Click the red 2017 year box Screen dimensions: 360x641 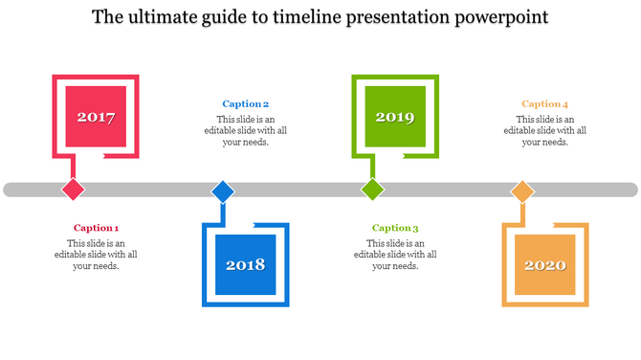point(96,117)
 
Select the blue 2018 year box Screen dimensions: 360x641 point(246,264)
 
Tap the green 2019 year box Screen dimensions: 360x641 point(394,117)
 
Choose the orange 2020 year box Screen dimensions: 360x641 point(544,264)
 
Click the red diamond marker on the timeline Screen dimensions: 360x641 point(73,189)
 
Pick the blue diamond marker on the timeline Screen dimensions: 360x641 point(223,191)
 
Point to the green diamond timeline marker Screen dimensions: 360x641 point(372,189)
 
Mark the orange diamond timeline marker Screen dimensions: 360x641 point(521,191)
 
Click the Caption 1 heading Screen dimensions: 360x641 point(96,228)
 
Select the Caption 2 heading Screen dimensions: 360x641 point(245,104)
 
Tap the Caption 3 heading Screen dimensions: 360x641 point(395,228)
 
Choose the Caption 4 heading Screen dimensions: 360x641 point(544,104)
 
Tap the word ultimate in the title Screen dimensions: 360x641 point(162,18)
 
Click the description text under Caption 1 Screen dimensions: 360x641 point(96,255)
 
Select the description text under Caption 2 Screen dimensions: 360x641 point(245,131)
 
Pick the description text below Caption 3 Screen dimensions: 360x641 point(395,255)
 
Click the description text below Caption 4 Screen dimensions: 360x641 point(544,131)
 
